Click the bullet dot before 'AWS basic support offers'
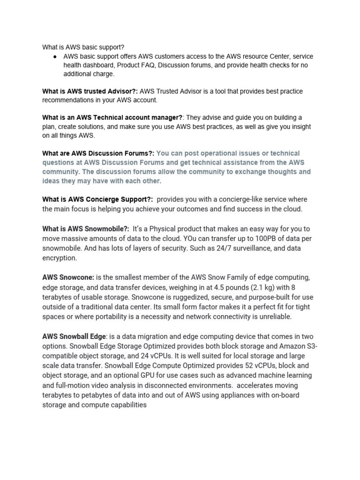55,56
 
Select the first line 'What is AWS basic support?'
83,47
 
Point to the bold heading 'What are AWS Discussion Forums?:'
98,153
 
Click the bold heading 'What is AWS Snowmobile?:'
85,229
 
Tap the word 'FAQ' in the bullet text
147,65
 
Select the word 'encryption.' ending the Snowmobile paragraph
59,258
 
